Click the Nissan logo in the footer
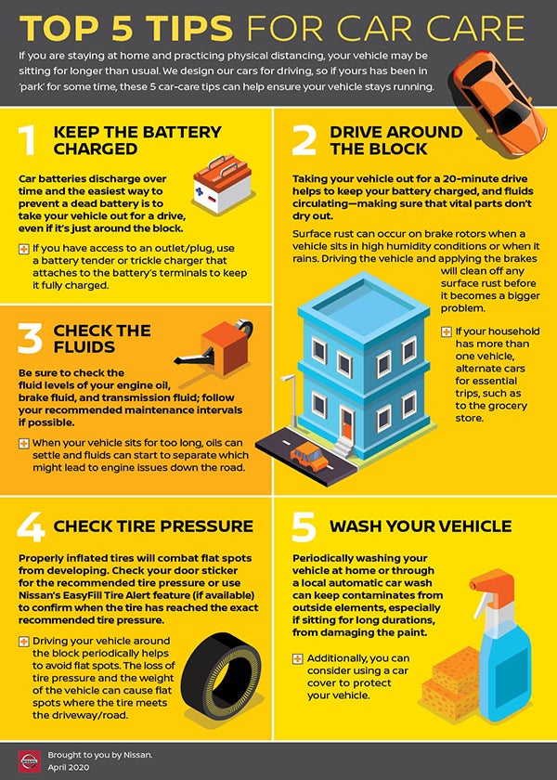point(29,760)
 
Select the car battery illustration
point(222,184)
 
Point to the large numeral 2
point(304,140)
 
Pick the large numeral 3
point(30,339)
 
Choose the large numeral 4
point(31,526)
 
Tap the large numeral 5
point(304,526)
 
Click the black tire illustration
point(221,674)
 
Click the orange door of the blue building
point(346,423)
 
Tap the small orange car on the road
point(309,457)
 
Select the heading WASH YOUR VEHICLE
point(421,526)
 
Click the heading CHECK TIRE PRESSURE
point(153,526)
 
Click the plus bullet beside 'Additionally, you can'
point(297,659)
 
